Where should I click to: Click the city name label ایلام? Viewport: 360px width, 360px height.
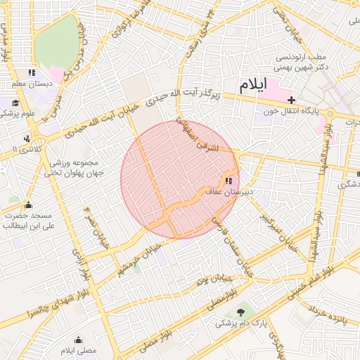coord(254,85)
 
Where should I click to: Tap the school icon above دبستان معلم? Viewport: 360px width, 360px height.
coord(31,73)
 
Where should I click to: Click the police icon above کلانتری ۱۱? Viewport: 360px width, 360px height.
coord(27,139)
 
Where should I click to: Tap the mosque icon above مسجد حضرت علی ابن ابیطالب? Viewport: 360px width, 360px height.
coord(29,205)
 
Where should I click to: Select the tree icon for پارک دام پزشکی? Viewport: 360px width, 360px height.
coord(242,311)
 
